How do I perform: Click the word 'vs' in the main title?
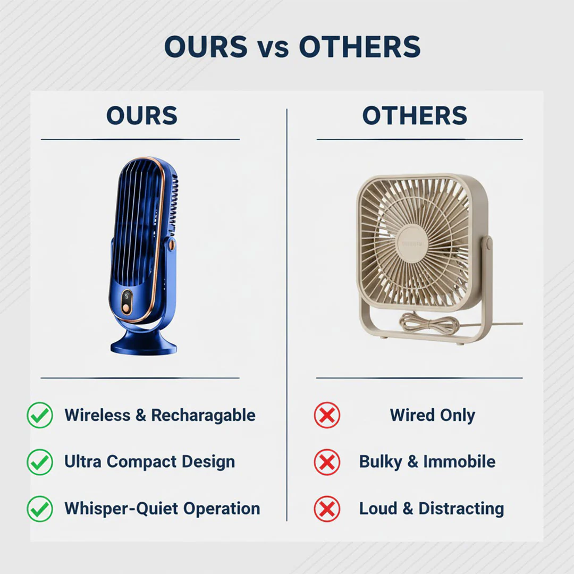point(273,48)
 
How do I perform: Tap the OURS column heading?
point(141,116)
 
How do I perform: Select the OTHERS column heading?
point(415,116)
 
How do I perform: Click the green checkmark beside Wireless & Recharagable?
point(40,415)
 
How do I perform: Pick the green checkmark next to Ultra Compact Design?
point(40,462)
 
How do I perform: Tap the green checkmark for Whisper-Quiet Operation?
point(40,509)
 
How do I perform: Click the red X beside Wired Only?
point(327,415)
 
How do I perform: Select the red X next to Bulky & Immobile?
point(327,462)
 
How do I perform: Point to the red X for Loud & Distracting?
point(327,509)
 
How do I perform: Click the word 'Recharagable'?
point(203,415)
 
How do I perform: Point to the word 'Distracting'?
point(461,509)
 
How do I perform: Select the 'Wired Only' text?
point(432,415)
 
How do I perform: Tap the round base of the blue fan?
point(143,344)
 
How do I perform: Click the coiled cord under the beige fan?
point(429,323)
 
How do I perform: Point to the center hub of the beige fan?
point(413,243)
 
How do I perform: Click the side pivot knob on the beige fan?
point(487,244)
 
